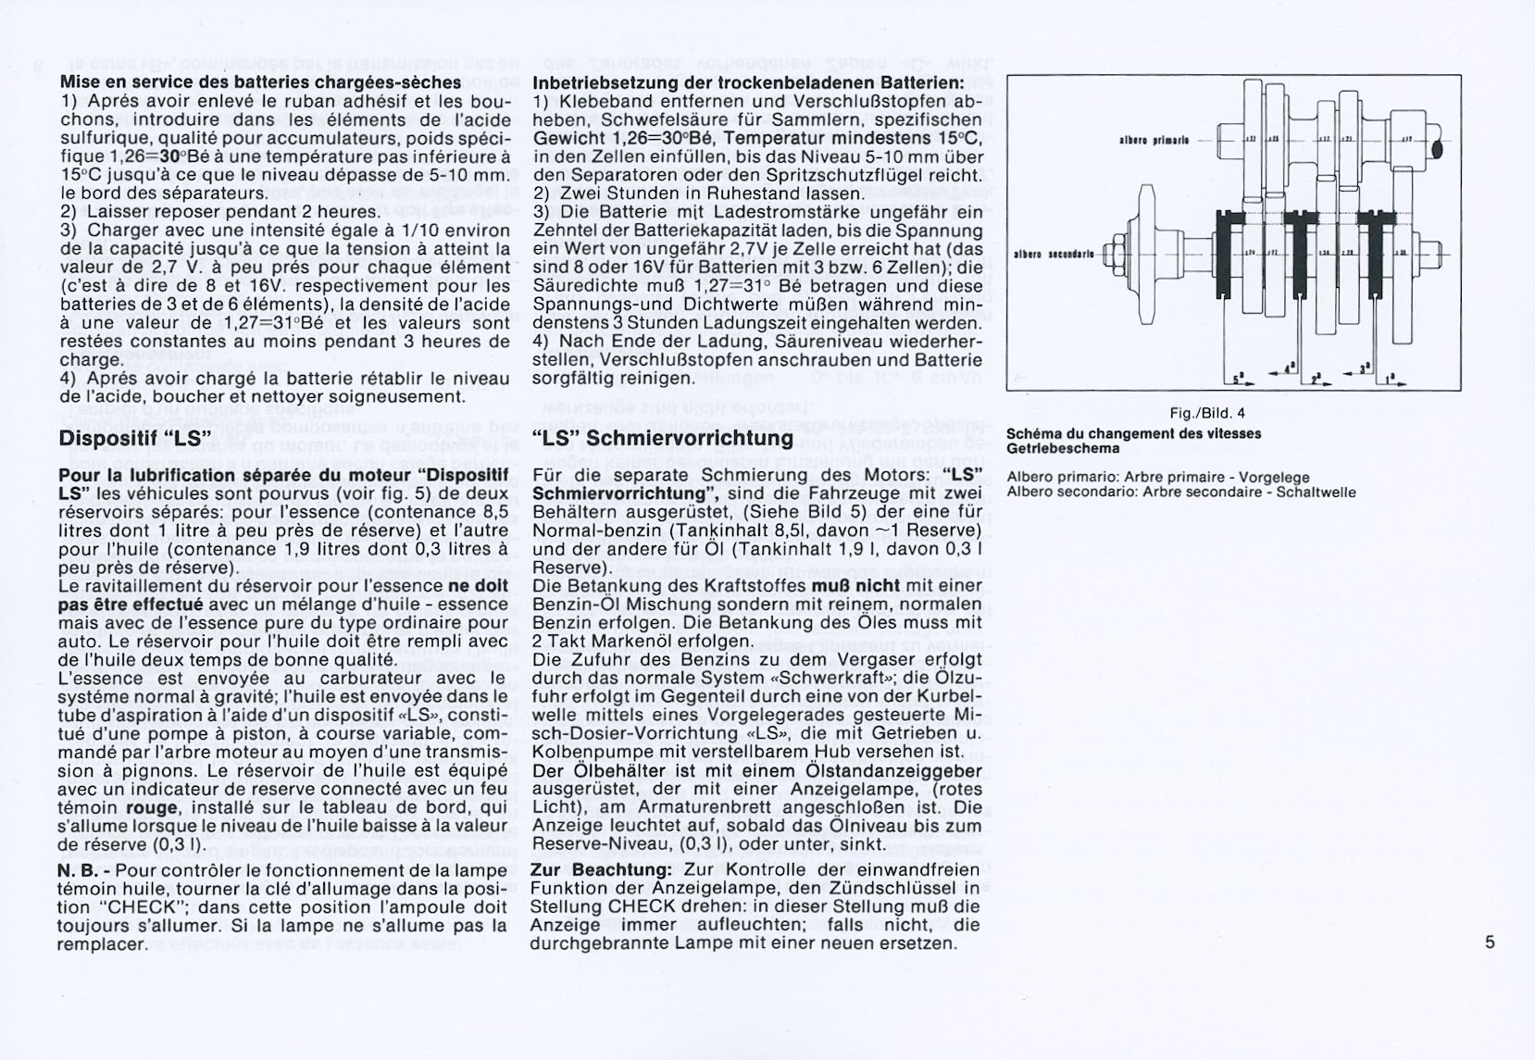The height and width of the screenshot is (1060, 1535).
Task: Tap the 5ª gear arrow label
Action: tap(1242, 380)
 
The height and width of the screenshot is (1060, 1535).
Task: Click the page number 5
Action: tap(1490, 942)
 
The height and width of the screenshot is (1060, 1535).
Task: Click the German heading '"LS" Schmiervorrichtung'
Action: tap(663, 437)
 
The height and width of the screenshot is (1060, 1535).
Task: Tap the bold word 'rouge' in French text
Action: tap(151, 807)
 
